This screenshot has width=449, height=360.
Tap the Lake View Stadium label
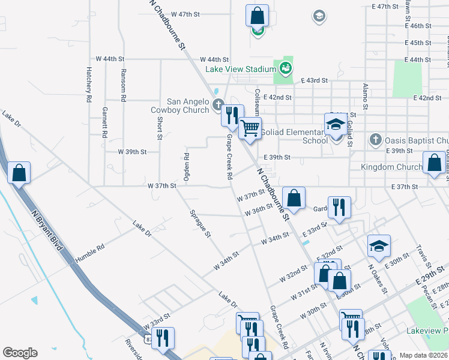(240, 69)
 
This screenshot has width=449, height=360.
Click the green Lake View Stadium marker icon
(286, 67)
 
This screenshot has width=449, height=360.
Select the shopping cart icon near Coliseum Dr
(250, 127)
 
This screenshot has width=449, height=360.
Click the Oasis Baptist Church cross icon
(376, 140)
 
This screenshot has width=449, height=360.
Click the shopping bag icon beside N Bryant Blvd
(19, 173)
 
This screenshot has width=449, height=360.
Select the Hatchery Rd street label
(88, 83)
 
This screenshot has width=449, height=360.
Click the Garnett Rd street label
(104, 122)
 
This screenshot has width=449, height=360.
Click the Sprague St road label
(200, 223)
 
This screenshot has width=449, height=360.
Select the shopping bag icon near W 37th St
(294, 197)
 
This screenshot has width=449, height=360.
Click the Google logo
(20, 353)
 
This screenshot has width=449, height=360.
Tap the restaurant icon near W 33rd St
(163, 338)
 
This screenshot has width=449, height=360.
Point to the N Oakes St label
(377, 275)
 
